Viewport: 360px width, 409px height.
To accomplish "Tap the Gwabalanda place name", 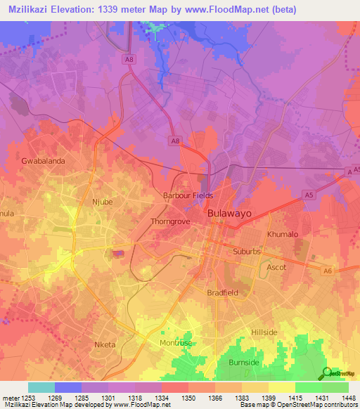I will (x=44, y=161).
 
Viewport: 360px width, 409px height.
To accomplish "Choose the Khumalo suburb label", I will (x=283, y=234).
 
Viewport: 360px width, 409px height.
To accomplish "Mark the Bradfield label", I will (x=223, y=292).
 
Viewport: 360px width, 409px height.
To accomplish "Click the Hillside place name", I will (x=266, y=332).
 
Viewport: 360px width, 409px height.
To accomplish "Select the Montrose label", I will (x=174, y=342).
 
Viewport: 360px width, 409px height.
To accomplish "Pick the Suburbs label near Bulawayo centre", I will (x=246, y=251).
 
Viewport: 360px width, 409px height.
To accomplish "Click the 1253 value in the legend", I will (x=28, y=397).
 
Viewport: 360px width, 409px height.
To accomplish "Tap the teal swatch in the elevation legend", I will (x=41, y=387).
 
